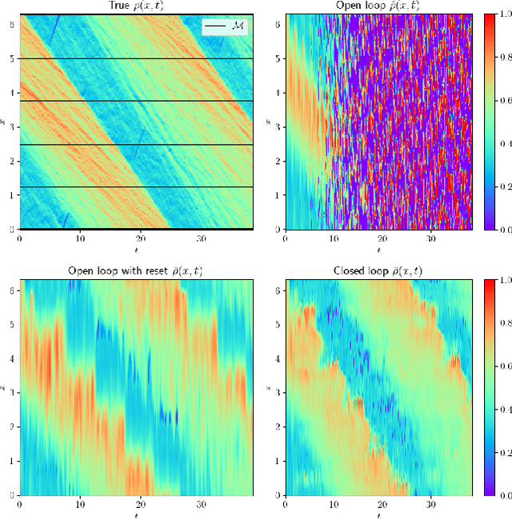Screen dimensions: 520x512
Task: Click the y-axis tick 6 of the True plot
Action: pyautogui.click(x=10, y=24)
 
